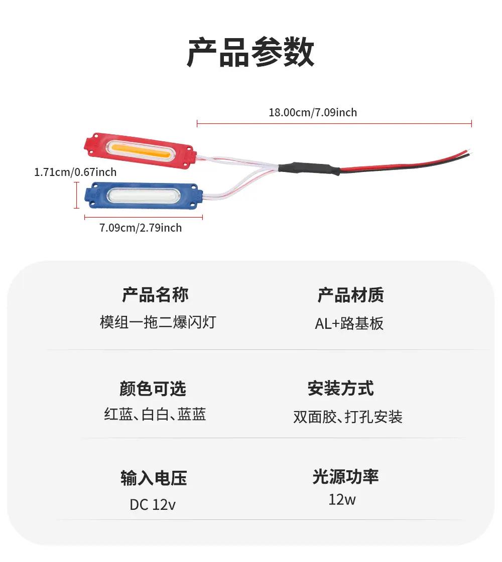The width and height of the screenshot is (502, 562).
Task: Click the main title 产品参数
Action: pyautogui.click(x=250, y=52)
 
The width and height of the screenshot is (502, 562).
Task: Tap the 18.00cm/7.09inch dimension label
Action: pyautogui.click(x=313, y=112)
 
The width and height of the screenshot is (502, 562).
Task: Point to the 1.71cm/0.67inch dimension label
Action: pyautogui.click(x=75, y=172)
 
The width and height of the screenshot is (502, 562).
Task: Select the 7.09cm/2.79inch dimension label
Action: pyautogui.click(x=141, y=228)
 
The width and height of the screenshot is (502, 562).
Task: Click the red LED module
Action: pyautogui.click(x=140, y=150)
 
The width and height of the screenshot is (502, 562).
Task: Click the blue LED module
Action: pyautogui.click(x=144, y=196)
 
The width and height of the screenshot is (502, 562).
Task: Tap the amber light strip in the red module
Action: pyautogui.click(x=140, y=150)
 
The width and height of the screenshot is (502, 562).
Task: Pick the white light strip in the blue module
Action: pyautogui.click(x=144, y=196)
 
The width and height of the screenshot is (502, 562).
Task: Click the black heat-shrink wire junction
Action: pyautogui.click(x=309, y=168)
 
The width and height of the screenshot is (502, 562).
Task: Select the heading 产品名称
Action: pyautogui.click(x=155, y=295)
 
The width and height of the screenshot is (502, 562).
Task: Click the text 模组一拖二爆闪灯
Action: pyautogui.click(x=158, y=322)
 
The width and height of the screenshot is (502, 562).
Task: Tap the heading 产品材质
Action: pyautogui.click(x=350, y=295)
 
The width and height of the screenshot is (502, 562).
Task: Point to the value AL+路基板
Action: pyautogui.click(x=349, y=324)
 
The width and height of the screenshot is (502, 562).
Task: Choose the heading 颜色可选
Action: pyautogui.click(x=153, y=389)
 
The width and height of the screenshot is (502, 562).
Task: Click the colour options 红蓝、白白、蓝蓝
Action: pyautogui.click(x=155, y=414)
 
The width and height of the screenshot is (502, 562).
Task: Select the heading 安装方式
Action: pyautogui.click(x=340, y=388)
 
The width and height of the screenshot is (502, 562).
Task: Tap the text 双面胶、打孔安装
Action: pyautogui.click(x=348, y=417)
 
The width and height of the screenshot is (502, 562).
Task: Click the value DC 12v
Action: pyautogui.click(x=153, y=505)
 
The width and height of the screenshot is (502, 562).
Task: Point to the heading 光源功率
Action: pyautogui.click(x=345, y=477)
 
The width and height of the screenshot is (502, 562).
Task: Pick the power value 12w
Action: pyautogui.click(x=342, y=500)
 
